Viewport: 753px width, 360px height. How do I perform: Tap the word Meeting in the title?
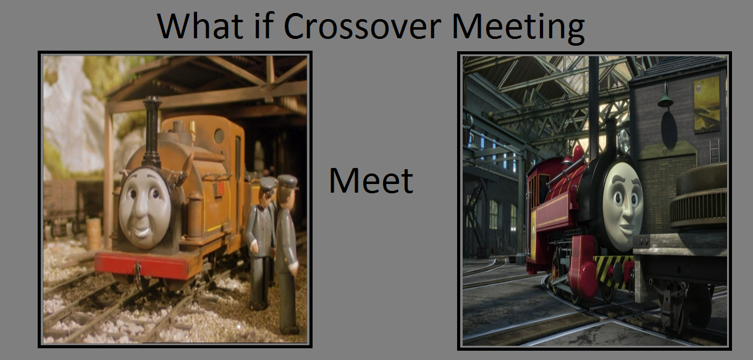click(518, 28)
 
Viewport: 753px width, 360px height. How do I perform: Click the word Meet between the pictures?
click(371, 180)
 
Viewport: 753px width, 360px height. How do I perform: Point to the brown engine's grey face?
click(145, 208)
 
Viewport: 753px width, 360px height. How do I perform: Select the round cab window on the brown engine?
click(219, 135)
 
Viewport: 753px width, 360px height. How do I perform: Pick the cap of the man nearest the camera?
click(288, 182)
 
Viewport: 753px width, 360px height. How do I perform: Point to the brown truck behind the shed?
click(61, 205)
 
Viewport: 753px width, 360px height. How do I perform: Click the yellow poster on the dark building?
click(707, 104)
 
